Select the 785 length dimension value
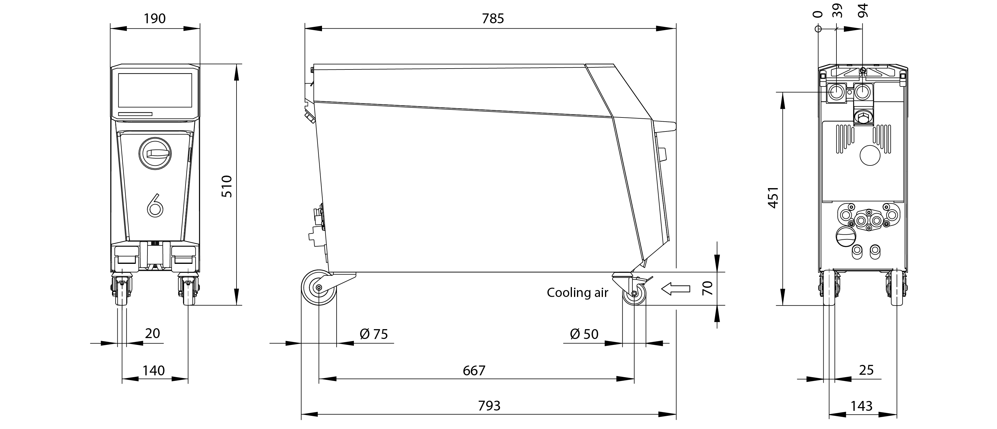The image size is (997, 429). tap(493, 18)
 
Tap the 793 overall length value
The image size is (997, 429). tap(489, 406)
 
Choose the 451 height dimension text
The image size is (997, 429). tap(773, 197)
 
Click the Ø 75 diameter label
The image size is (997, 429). tap(374, 334)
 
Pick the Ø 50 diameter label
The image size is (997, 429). tap(584, 334)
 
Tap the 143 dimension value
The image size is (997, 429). tap(861, 406)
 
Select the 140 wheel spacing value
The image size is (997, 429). tap(154, 371)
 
